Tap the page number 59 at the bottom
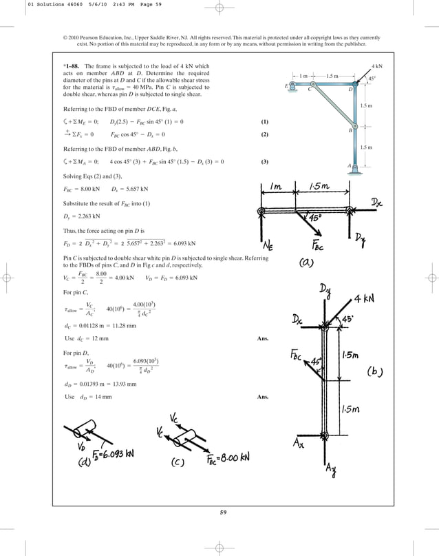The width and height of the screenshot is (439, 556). click(x=219, y=512)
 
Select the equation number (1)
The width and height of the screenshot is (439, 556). click(x=264, y=122)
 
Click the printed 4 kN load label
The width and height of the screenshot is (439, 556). click(x=376, y=66)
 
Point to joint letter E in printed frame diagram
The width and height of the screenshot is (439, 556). click(x=286, y=86)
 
